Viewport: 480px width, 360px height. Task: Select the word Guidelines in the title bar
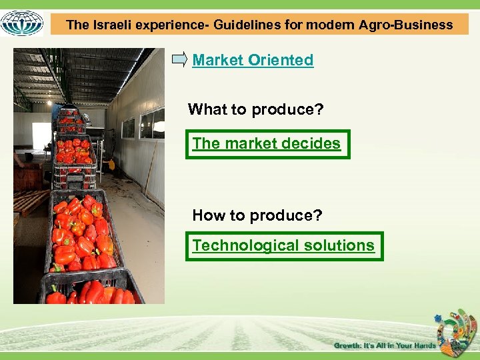245,25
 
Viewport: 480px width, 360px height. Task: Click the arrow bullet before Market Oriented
179,60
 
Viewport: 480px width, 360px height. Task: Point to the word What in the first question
207,109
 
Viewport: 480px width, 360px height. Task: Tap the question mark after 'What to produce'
319,109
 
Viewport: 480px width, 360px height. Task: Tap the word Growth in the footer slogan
348,345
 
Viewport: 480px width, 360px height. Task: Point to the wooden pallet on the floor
30,201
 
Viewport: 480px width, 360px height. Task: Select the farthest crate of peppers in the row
68,114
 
